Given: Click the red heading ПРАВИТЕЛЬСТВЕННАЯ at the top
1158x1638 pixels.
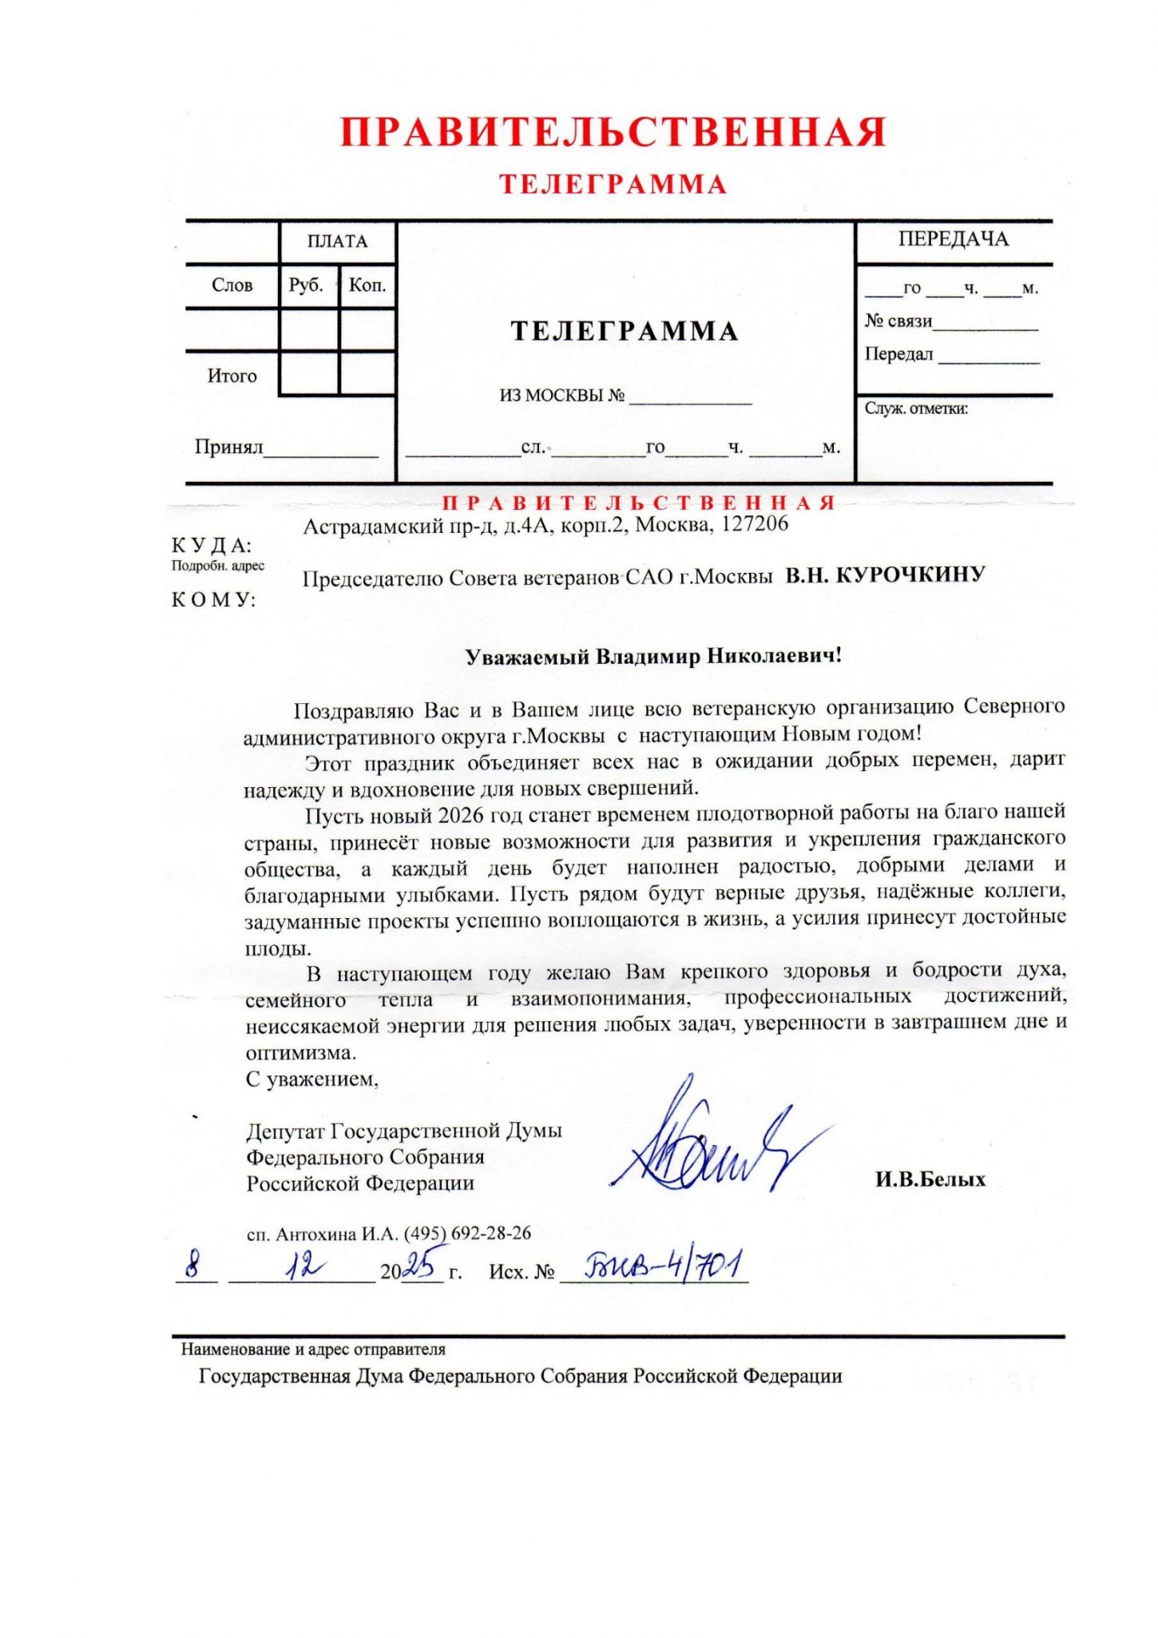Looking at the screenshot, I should (613, 133).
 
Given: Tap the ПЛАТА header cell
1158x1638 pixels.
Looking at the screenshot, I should (337, 241).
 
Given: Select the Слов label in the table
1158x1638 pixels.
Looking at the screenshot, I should (232, 285).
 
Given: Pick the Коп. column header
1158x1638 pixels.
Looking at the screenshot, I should (367, 285).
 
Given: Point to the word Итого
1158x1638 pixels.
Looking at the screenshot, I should (232, 376).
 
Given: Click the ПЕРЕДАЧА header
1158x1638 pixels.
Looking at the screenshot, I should (953, 239).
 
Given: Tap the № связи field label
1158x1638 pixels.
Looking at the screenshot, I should (898, 321).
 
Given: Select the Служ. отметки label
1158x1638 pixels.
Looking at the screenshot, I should (916, 408).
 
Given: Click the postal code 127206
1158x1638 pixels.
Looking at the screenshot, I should (755, 523).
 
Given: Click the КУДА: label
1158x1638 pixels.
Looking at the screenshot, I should (212, 546).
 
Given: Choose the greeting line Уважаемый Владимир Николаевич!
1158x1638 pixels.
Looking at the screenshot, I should (653, 656).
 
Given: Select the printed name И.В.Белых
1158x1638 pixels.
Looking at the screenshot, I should (930, 1179).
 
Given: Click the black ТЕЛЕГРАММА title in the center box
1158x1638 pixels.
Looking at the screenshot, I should (624, 331).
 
